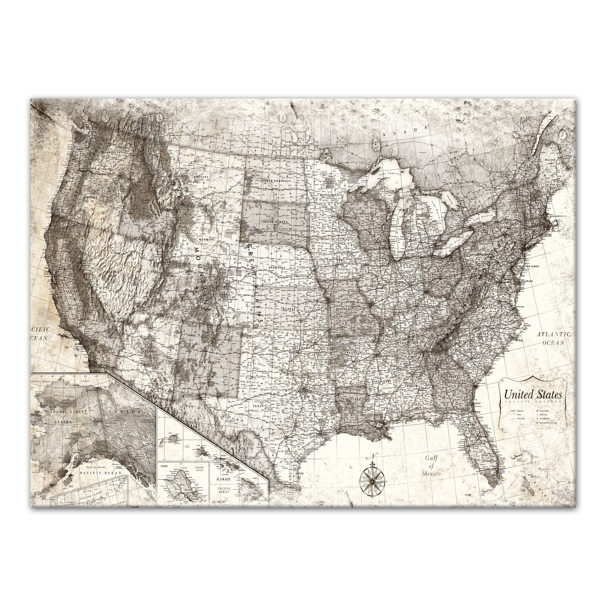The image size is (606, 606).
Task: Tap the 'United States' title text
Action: (533, 395)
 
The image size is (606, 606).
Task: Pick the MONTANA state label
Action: (201, 177)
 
